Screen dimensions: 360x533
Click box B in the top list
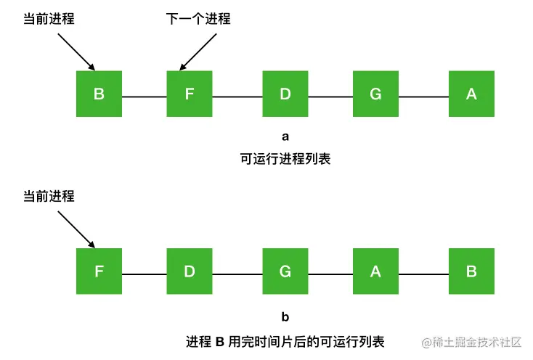pos(99,94)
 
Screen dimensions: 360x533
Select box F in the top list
pos(189,94)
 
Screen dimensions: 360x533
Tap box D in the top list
pos(285,94)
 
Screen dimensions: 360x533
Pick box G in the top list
pos(375,94)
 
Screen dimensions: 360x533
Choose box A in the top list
pos(471,94)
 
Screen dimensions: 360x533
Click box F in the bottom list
pos(99,271)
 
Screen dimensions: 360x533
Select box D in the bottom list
pos(189,271)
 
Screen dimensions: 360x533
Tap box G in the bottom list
pos(285,271)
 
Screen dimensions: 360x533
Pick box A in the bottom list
pos(375,271)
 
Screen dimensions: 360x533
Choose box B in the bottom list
pos(471,271)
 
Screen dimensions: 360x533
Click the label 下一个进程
pos(198,19)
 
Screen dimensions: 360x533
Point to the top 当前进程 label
pos(49,19)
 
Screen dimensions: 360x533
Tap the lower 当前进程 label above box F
pos(49,196)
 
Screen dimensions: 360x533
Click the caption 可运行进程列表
pos(285,158)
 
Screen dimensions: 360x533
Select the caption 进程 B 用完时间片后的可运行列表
pos(285,340)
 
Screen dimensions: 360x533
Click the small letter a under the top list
pos(285,136)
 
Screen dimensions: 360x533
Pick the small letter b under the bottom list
pos(285,317)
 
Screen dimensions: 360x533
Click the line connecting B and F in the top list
pos(144,97)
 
